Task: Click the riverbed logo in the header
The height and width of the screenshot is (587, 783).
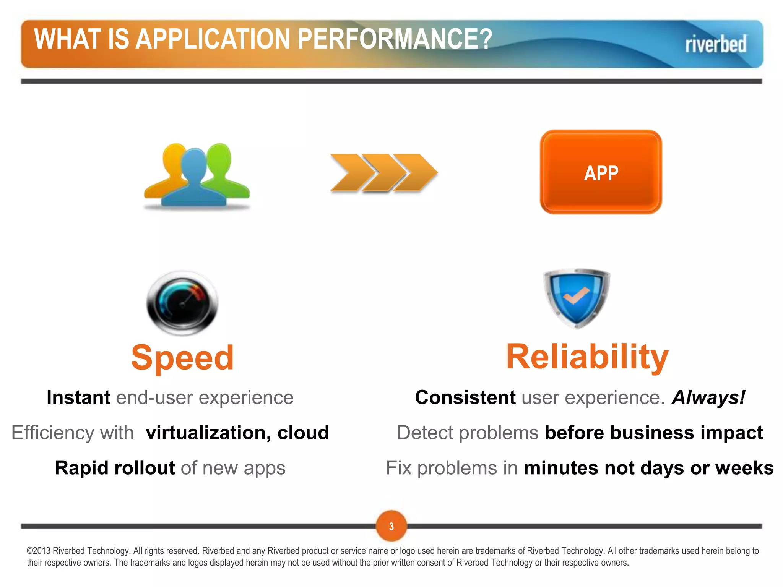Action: [715, 44]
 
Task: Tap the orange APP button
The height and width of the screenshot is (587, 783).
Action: [601, 173]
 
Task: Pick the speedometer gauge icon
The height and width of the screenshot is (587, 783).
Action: [182, 303]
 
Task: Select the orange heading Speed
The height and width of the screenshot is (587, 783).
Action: [182, 358]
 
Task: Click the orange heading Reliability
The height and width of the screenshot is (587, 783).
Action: [587, 357]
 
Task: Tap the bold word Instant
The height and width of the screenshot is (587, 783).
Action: [78, 397]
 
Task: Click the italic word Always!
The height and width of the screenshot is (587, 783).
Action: [708, 397]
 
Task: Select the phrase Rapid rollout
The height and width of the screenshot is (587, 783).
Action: [115, 468]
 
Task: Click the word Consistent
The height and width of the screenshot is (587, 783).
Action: [465, 397]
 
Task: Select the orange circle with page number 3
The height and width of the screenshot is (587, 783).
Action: [391, 526]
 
